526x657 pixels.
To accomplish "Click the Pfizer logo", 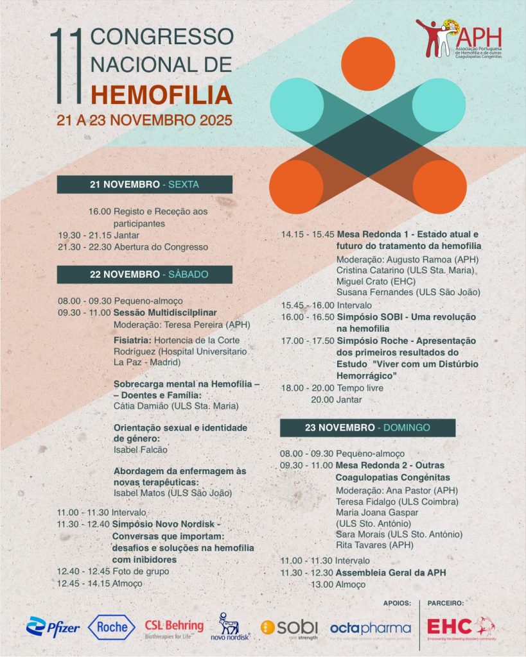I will (53, 626).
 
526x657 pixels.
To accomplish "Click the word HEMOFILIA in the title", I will (161, 94).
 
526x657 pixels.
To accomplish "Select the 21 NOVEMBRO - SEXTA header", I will (145, 184).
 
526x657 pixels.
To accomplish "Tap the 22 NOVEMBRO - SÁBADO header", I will (145, 274).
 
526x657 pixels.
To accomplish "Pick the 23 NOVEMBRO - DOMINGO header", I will (367, 427).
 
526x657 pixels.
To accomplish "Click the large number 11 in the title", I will (67, 66).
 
